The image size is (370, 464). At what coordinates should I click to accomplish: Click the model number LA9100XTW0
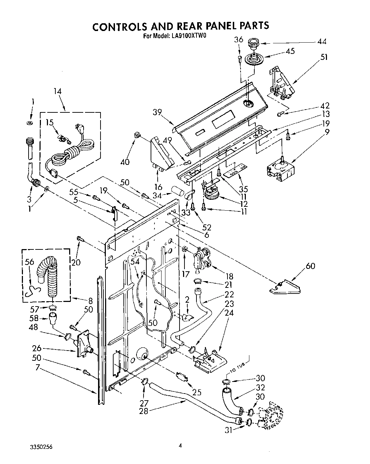coord(189,35)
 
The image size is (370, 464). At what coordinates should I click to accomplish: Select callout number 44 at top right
coord(321,42)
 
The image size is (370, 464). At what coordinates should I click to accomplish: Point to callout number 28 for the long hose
coord(144,410)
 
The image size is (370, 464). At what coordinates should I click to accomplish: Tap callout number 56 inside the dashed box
coord(29,262)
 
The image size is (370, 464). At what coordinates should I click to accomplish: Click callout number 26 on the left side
coord(37,348)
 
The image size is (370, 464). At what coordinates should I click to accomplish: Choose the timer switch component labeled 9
coord(280,169)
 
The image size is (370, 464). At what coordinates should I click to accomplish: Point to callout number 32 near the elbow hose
coord(260,388)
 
